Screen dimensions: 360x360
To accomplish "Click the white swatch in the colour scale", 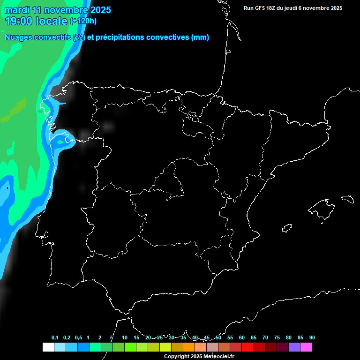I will point(48,347).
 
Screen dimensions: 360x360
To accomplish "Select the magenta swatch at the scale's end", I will point(306,347).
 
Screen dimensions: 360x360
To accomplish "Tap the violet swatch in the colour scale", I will point(294,347).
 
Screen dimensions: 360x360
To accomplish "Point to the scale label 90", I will point(312,338).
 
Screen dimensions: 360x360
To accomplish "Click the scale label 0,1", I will point(54,338).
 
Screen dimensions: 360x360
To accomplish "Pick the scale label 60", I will point(241,338).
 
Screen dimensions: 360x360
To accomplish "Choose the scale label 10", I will point(124,338).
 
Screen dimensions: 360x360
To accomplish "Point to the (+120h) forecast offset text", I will point(83,21).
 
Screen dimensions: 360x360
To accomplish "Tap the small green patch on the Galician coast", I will point(60,141).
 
